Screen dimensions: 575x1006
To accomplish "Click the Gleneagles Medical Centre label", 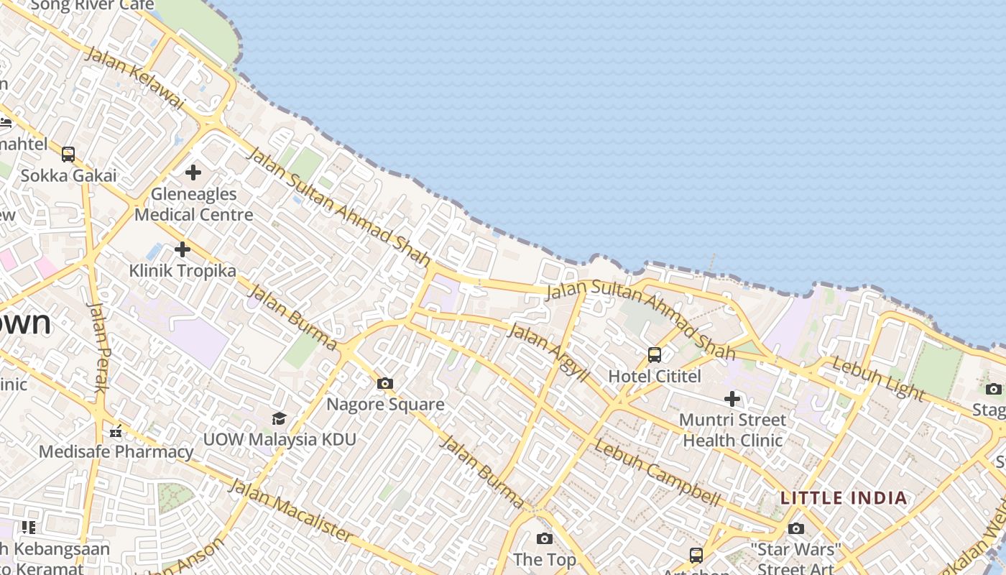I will point(194,204).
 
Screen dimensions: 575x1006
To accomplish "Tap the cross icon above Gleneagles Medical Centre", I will point(193,172).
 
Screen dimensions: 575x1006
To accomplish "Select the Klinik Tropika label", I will point(183,271).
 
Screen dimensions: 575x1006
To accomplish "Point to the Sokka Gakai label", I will point(68,175).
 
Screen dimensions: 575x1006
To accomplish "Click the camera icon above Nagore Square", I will point(385,383).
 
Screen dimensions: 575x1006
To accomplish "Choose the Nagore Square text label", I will point(385,404).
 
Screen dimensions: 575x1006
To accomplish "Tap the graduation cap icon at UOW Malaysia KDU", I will point(279,418).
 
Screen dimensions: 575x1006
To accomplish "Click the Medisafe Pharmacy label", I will point(116,451).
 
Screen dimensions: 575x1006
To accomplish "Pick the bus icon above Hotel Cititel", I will point(655,354).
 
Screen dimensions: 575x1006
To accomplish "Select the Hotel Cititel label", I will point(655,376).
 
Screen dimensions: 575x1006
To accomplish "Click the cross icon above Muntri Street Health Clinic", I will point(732,398).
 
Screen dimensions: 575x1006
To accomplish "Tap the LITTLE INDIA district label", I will point(844,497).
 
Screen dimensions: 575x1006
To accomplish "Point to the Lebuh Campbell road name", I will point(657,472).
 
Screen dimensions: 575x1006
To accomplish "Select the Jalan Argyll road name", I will point(548,352).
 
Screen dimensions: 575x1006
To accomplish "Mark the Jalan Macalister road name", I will point(290,510).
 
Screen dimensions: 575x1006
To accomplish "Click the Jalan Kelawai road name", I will point(134,79).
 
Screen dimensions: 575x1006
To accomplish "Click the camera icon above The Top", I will point(545,538).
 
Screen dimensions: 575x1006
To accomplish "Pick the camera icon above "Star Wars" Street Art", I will point(795,529).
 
